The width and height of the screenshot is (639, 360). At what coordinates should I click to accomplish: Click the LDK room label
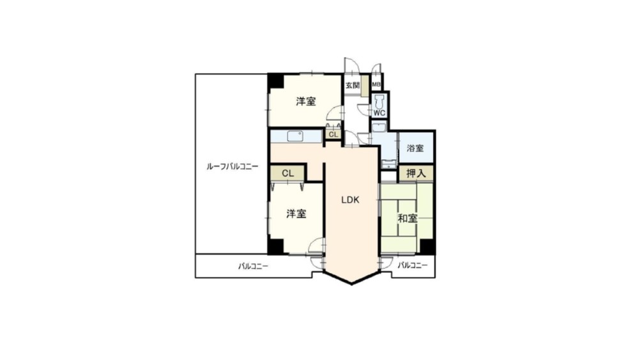(x=350, y=200)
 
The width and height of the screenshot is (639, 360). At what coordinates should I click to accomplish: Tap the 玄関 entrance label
(x=353, y=86)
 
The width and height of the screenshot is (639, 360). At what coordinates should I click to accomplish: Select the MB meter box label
(x=376, y=85)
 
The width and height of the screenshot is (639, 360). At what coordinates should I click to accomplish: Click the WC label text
(x=380, y=113)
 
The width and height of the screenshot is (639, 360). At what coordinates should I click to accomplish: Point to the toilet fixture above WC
(x=380, y=101)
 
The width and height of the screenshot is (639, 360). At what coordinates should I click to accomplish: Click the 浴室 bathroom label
(x=415, y=148)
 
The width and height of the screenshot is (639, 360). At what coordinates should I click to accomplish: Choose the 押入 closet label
(x=416, y=173)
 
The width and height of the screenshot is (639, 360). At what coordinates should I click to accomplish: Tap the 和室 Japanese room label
(x=408, y=219)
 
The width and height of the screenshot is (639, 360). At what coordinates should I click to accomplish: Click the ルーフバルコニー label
(x=233, y=166)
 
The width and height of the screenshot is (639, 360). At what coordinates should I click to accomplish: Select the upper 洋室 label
(x=306, y=101)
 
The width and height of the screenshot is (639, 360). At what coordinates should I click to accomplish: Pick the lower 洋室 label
(x=296, y=213)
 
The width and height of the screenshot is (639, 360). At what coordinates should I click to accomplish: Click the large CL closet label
(x=288, y=173)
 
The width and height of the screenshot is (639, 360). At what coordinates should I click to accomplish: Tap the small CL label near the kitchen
(x=334, y=134)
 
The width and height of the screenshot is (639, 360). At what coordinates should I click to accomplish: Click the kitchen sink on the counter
(x=295, y=136)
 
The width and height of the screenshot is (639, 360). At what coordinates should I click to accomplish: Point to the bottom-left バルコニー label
(x=253, y=266)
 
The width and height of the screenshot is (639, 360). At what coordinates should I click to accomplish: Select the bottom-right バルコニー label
(x=413, y=265)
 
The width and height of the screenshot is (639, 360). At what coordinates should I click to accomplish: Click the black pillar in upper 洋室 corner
(x=276, y=81)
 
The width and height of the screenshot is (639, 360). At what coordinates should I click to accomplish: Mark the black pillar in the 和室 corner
(x=427, y=247)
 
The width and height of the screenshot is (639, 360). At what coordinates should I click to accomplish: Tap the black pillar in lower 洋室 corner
(x=275, y=247)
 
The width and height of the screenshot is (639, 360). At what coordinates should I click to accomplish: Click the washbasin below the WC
(x=379, y=127)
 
